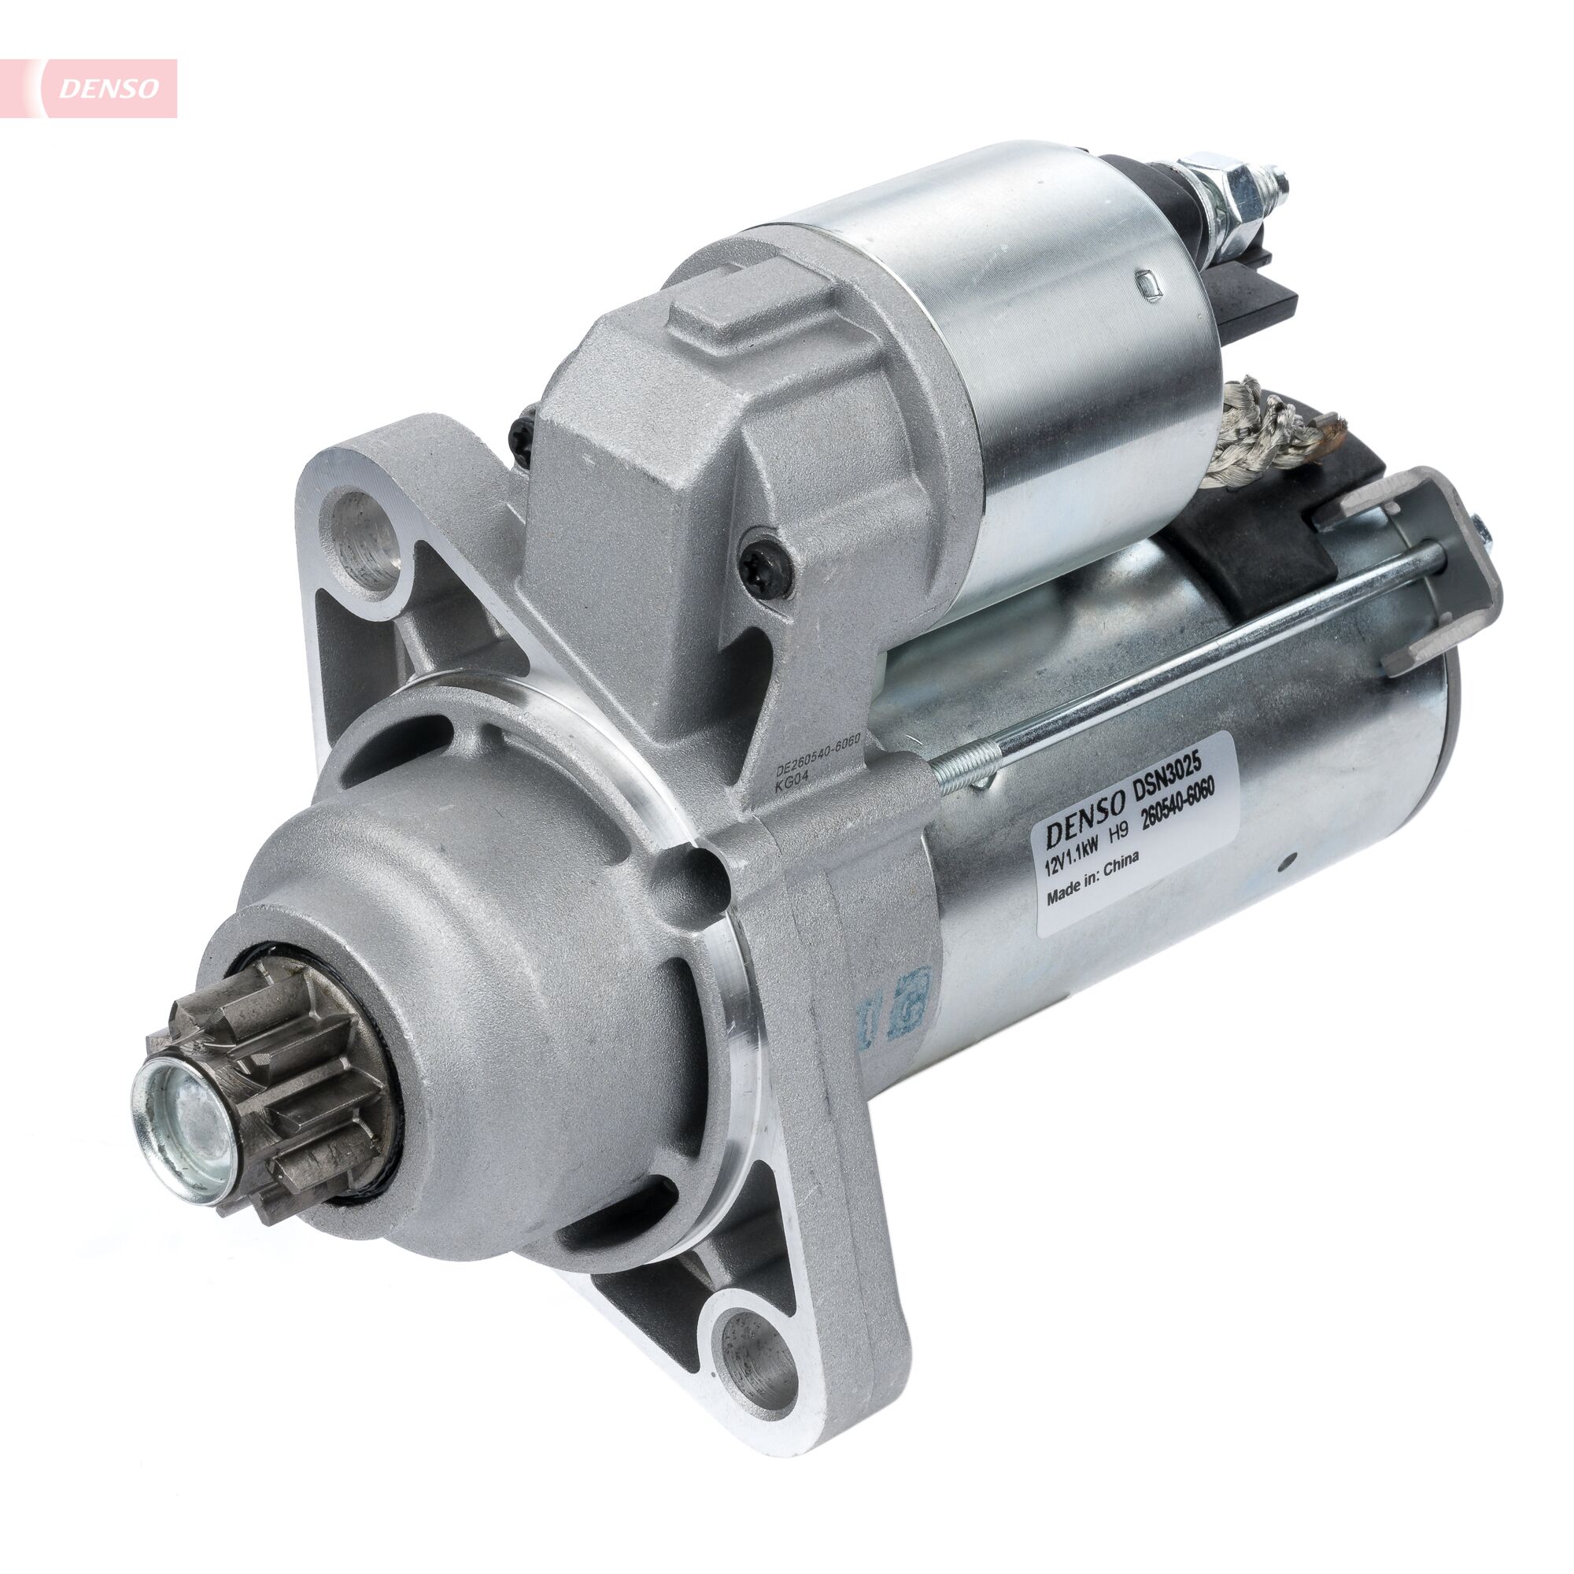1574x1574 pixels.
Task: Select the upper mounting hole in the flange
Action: pos(363,538)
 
